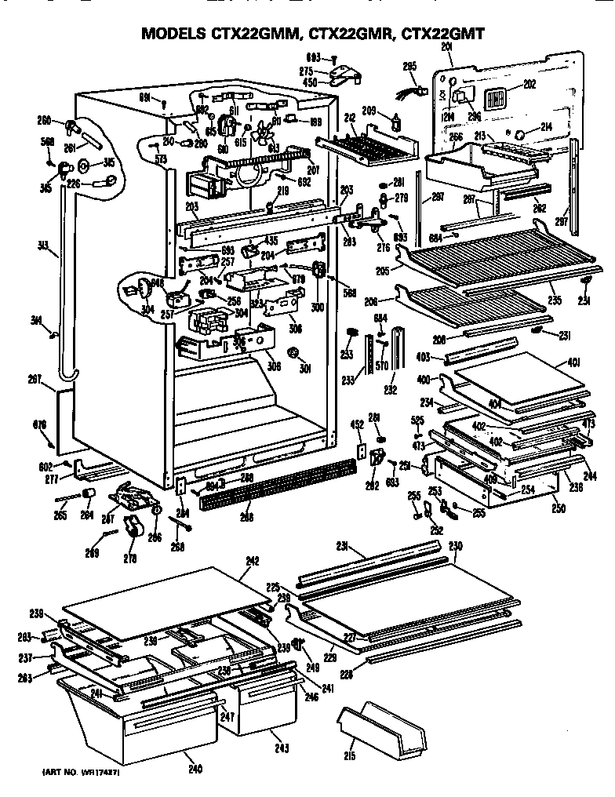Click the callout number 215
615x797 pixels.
click(x=350, y=755)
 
